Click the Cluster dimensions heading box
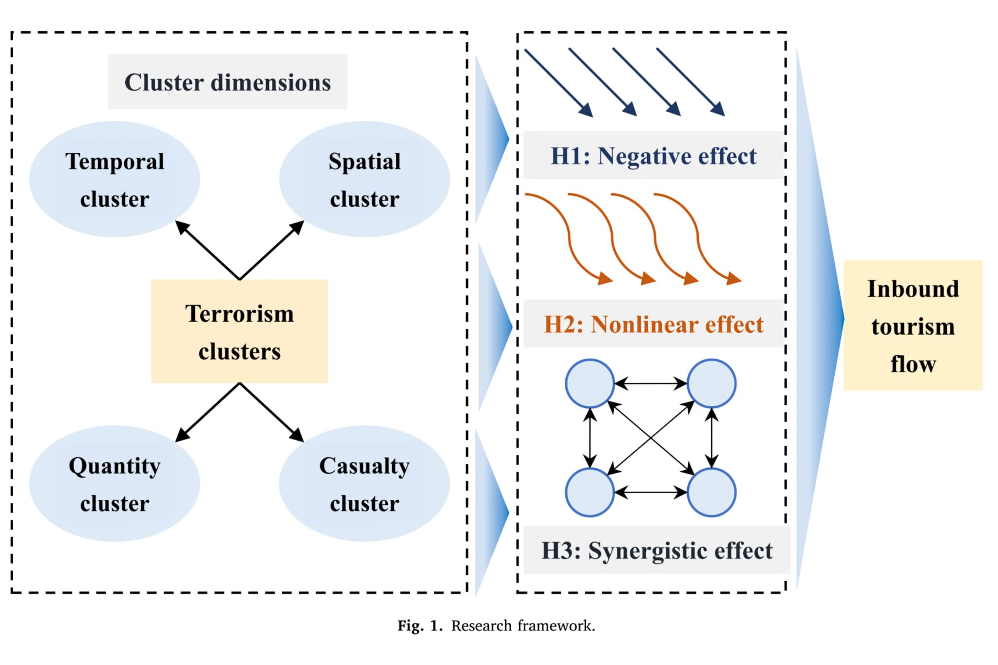228,82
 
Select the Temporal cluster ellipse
115,179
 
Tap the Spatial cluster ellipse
365,179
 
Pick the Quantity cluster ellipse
115,483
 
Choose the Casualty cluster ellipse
365,483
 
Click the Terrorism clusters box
239,331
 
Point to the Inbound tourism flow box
913,325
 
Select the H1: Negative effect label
653,156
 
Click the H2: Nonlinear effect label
653,324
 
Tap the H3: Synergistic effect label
656,551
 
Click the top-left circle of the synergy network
590,383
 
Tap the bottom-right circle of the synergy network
711,492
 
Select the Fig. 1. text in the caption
420,626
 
